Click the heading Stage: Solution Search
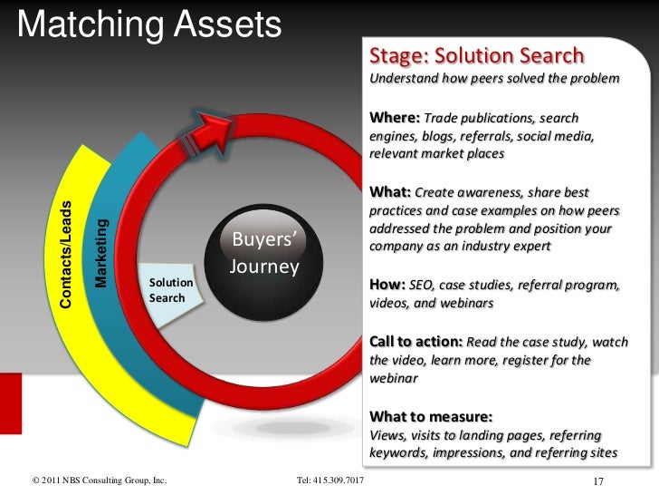point(476,55)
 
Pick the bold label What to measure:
point(431,417)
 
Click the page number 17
point(597,480)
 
